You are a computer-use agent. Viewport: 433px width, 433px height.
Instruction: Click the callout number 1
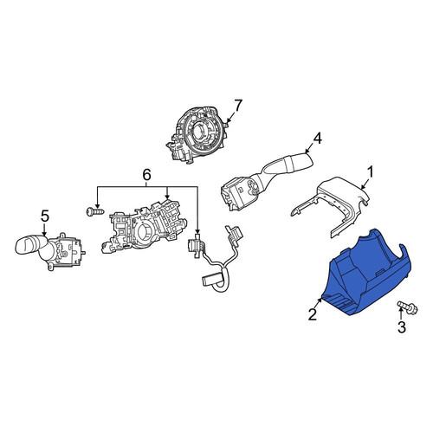point(370,172)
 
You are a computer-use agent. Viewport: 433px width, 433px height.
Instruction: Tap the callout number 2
point(313,314)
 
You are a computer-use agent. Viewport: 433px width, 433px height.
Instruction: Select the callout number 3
point(402,327)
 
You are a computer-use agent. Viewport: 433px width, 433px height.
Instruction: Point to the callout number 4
point(317,139)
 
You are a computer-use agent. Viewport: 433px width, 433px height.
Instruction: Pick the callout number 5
point(45,216)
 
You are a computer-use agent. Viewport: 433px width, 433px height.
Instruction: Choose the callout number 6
point(146,175)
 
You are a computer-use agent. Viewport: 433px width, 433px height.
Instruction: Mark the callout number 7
point(237,106)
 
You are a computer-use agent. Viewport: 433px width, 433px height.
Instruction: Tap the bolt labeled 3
point(408,307)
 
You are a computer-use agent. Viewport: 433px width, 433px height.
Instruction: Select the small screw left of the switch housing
point(95,211)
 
